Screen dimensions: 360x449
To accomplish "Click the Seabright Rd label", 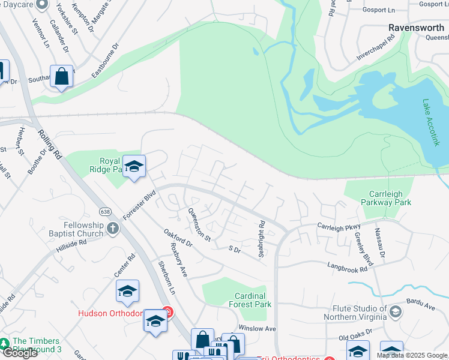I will [x=262, y=239].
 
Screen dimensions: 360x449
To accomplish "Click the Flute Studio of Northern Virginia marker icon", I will [x=396, y=311].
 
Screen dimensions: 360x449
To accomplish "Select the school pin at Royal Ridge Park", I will [x=134, y=167].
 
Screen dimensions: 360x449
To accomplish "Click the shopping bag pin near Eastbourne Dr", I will [x=61, y=77].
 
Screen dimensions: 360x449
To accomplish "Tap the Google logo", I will [x=19, y=353].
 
